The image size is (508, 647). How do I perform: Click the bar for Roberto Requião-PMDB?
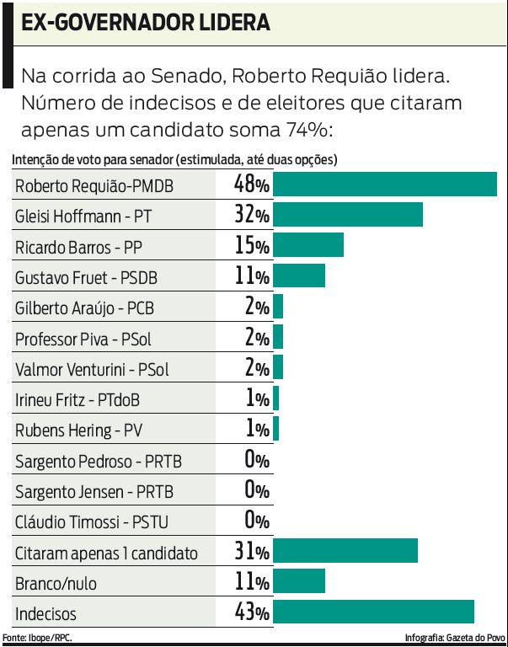385,184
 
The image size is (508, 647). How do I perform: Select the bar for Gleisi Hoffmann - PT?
348,215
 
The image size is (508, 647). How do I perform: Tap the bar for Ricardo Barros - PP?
308,245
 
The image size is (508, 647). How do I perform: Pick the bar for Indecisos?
373,612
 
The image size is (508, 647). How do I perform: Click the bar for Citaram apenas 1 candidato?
345,551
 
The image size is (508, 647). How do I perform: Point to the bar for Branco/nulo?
299,581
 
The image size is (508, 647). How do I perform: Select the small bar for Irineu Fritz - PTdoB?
275,398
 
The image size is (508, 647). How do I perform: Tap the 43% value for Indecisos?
252,612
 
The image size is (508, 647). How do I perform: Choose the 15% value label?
252,245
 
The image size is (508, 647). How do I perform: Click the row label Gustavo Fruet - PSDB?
86,276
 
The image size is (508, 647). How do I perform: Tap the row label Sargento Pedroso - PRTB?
99,461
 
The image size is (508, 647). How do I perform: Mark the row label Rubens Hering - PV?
78,430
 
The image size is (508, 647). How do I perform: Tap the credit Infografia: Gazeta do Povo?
455,638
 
